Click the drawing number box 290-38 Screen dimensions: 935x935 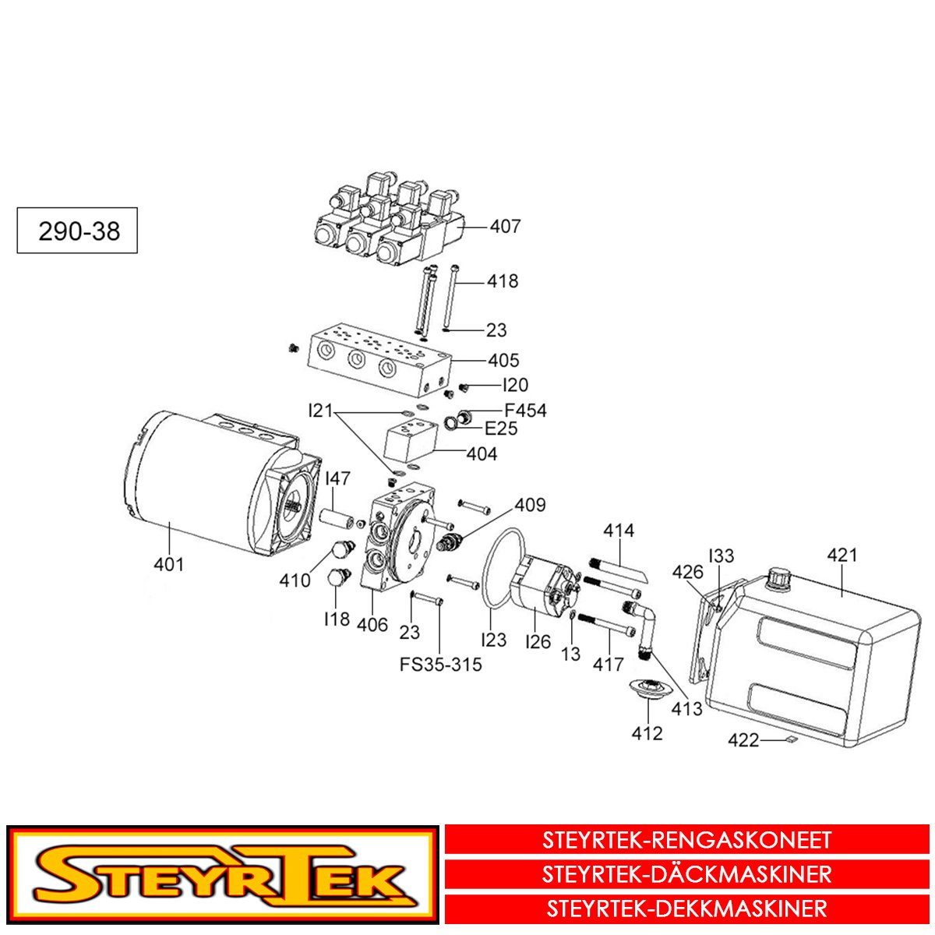tap(77, 231)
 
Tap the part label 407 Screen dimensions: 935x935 tap(505, 227)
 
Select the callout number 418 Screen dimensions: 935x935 tap(503, 281)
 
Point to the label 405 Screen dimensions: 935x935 tap(503, 361)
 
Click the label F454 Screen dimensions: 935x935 tap(525, 411)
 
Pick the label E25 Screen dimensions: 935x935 tap(500, 429)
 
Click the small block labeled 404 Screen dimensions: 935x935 tap(410, 440)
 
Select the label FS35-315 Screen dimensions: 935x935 tap(440, 665)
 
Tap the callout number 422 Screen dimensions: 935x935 tap(743, 740)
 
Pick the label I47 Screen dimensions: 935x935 tap(337, 478)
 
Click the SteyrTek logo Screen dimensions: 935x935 tap(223, 875)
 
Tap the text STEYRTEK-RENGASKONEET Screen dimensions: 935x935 tap(686, 841)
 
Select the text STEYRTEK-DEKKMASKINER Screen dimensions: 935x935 tap(686, 909)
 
